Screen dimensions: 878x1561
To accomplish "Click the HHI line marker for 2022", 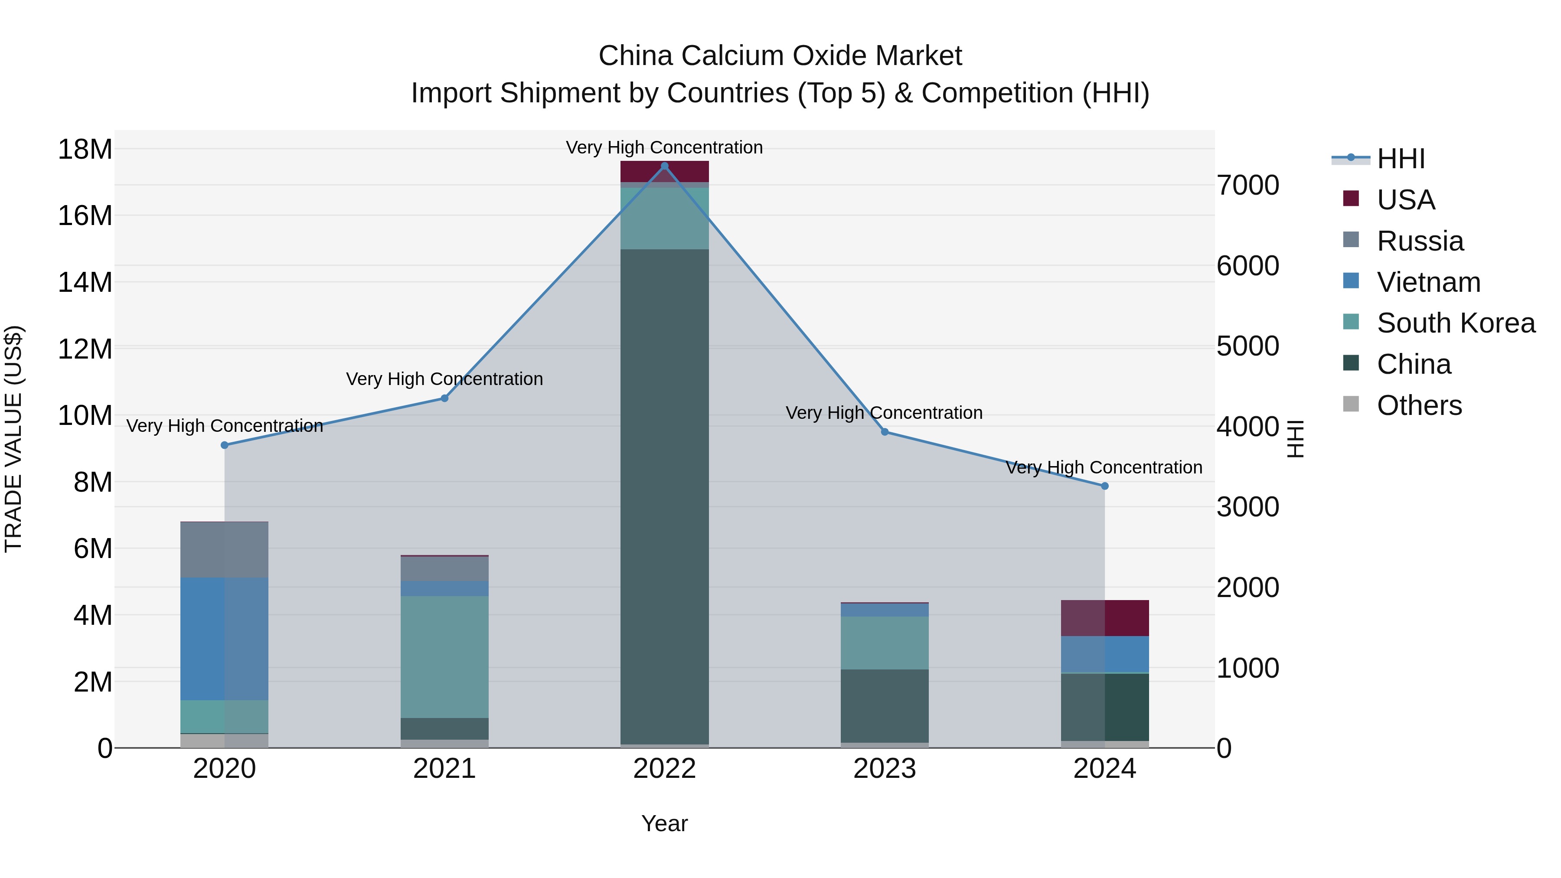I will [664, 166].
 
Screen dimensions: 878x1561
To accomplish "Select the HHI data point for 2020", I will [224, 445].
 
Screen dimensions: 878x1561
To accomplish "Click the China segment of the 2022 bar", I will [664, 497].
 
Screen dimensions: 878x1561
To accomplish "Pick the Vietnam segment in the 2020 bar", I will [224, 639].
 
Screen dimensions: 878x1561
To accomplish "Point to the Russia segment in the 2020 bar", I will [224, 550].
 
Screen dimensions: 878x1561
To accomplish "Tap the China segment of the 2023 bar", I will [884, 705].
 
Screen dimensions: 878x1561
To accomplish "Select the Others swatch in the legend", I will [1351, 404].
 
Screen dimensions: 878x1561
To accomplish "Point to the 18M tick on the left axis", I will [85, 150].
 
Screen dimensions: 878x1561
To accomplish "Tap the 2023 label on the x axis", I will [884, 769].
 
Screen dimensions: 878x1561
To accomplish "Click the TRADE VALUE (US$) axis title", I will [13, 439].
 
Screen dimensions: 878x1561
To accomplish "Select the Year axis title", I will [664, 823].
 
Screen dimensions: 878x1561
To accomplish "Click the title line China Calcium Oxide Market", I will [780, 56].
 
